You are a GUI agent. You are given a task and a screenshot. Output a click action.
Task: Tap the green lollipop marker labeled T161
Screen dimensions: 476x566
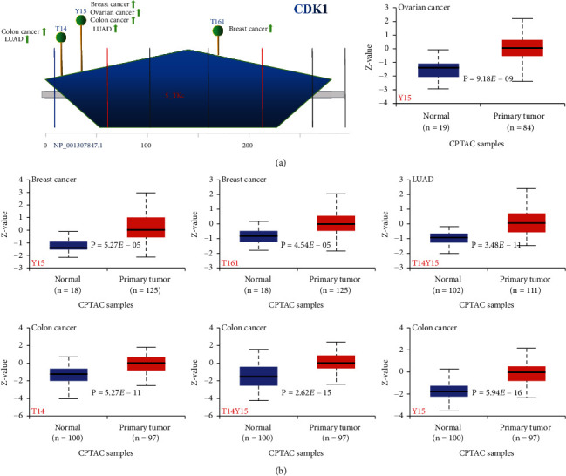pos(217,31)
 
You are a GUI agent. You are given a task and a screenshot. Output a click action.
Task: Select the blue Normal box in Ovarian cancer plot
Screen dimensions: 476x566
pos(439,70)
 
